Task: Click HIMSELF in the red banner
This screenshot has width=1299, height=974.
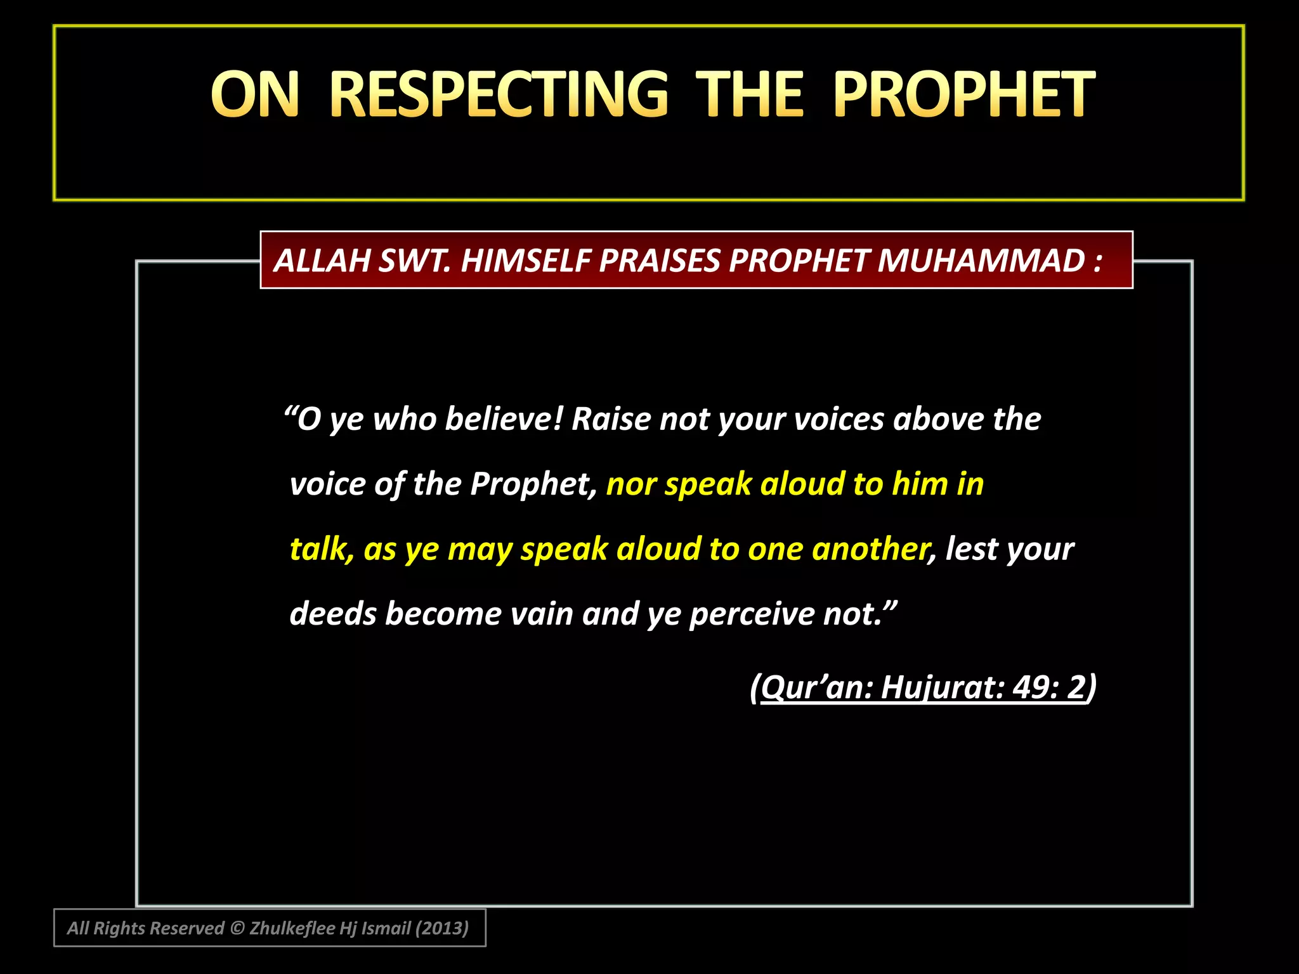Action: click(526, 261)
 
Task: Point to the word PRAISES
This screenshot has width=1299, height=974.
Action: click(660, 261)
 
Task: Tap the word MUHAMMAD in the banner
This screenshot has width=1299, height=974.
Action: click(981, 261)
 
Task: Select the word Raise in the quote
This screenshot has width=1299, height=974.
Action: click(611, 419)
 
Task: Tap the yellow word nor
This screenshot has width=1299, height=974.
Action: click(630, 484)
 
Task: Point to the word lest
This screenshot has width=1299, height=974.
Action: click(972, 549)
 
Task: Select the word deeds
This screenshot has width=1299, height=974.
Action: click(333, 614)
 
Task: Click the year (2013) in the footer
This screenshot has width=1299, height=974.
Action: click(442, 928)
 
